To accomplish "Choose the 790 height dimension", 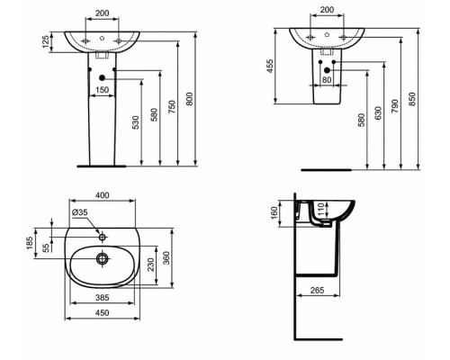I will (x=398, y=99).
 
